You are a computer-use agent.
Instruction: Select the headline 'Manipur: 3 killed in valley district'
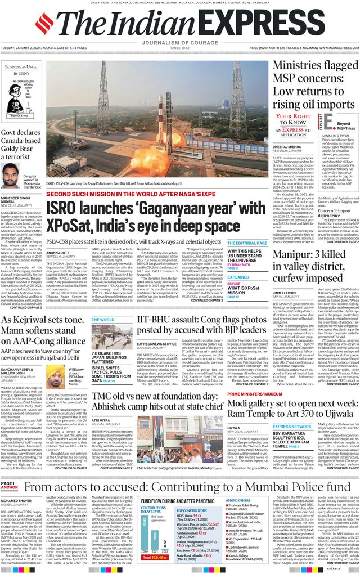pos(315,267)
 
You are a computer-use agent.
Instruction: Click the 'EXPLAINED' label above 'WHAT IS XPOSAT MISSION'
pos(238,277)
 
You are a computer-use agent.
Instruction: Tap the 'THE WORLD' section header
pos(103,320)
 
